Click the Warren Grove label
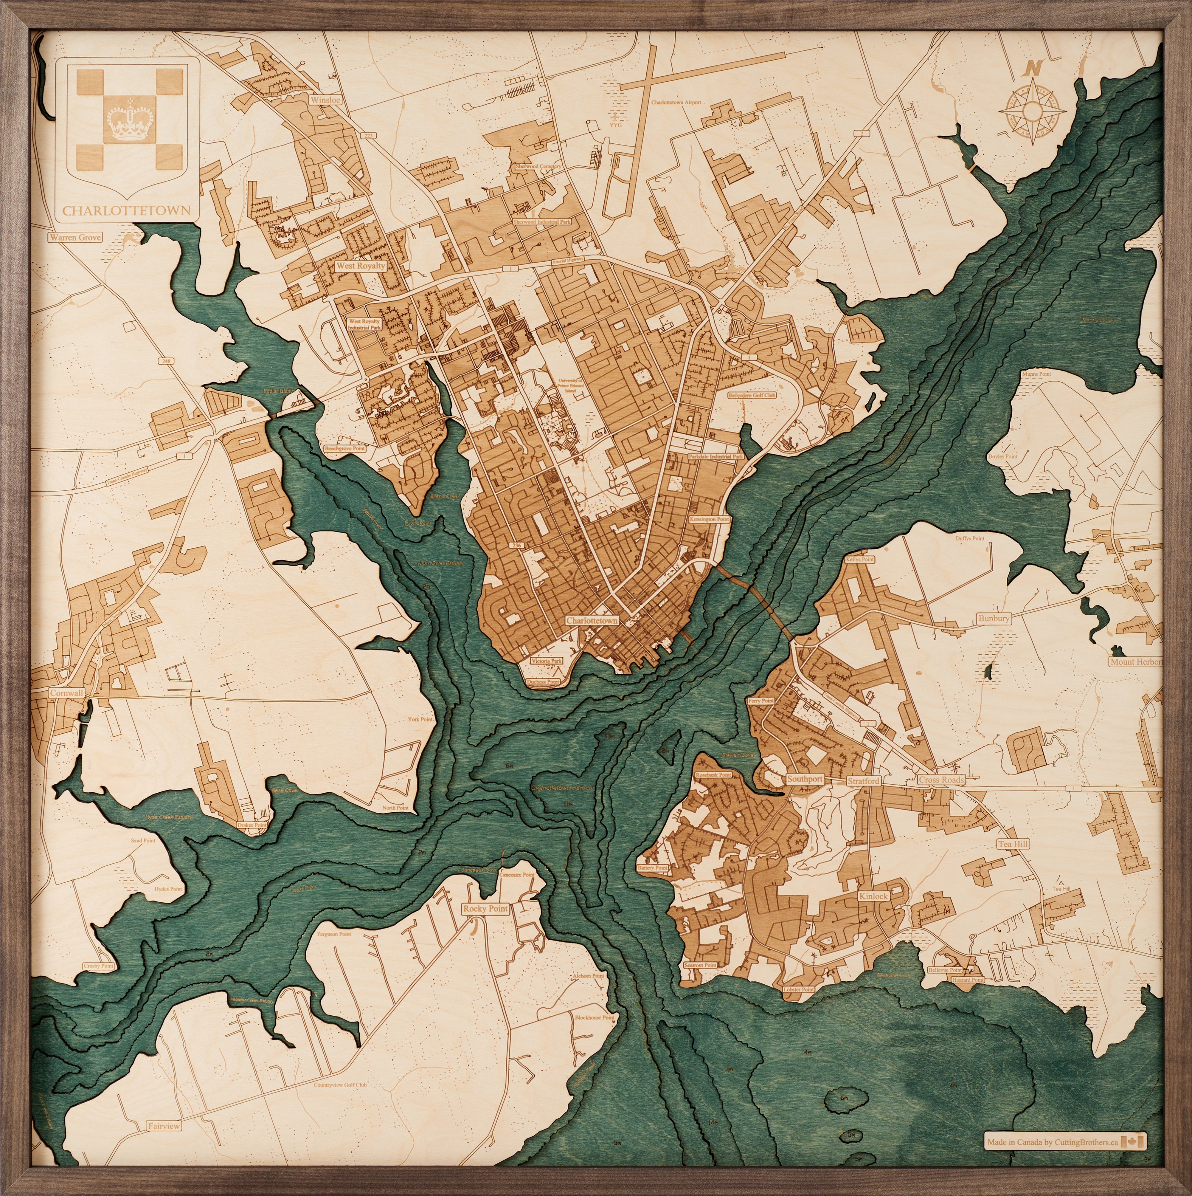(x=75, y=237)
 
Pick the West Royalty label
(x=361, y=266)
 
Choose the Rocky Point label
(x=485, y=909)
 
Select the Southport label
(x=805, y=779)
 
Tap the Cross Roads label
(x=941, y=780)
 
